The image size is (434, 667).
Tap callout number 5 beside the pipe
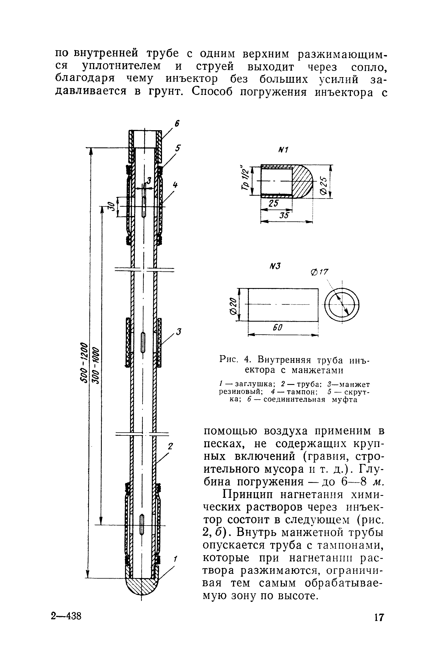click(x=178, y=149)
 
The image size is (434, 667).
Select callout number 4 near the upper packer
click(x=176, y=185)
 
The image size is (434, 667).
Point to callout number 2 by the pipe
click(x=170, y=446)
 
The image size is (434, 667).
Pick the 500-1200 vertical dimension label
click(x=84, y=363)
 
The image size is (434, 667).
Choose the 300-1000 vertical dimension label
click(x=96, y=364)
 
